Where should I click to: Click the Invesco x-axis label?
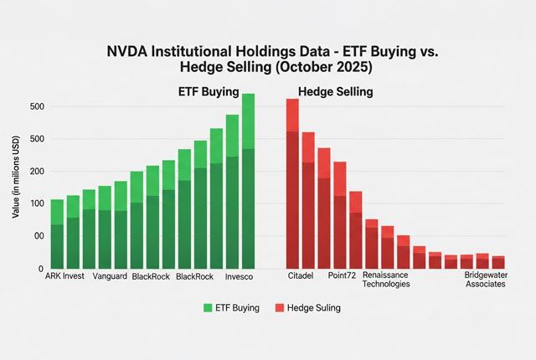coord(237,276)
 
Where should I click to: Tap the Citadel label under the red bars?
coord(301,276)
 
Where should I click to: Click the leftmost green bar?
coord(57,234)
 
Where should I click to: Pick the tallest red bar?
coord(292,184)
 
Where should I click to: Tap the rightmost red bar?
coord(499,262)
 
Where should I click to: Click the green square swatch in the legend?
coord(208,307)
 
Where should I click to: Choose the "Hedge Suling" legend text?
coord(315,307)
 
